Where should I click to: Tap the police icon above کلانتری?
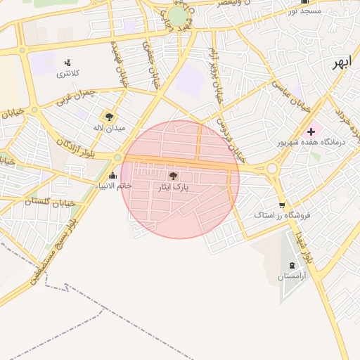click(x=67, y=63)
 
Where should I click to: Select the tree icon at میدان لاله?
click(x=109, y=116)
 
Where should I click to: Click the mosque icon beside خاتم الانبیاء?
click(x=114, y=174)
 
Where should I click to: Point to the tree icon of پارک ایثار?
click(x=174, y=176)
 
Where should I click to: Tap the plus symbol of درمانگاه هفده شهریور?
click(x=311, y=131)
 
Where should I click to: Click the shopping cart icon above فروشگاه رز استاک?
click(x=282, y=205)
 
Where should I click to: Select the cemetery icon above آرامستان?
click(x=292, y=265)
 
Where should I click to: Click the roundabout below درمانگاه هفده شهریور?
click(x=272, y=169)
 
